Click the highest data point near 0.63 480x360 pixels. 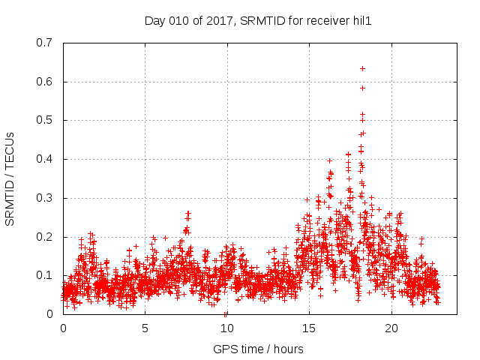(362, 68)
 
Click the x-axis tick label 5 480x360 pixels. (145, 328)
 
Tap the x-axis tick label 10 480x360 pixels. (227, 328)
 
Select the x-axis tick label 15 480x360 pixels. (309, 328)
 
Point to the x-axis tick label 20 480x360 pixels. (391, 328)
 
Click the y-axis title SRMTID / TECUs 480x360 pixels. (10, 178)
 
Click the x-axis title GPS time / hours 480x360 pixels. (258, 349)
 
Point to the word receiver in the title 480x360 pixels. (326, 21)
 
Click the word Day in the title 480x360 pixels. (154, 21)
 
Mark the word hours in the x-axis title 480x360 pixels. (288, 349)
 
